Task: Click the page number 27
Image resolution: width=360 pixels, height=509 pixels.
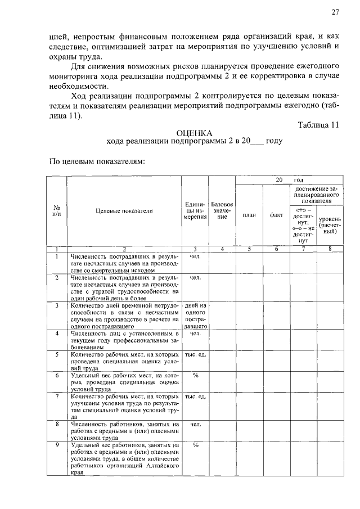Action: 335,12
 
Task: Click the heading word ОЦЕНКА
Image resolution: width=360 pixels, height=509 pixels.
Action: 194,133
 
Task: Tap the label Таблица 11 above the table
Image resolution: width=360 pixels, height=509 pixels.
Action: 318,125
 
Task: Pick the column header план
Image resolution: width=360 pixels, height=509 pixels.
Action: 249,214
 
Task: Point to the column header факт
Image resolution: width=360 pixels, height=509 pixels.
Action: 276,214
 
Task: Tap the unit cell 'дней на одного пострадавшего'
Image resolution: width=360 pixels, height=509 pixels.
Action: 195,316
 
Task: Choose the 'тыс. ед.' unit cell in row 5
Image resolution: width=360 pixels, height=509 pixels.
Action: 195,354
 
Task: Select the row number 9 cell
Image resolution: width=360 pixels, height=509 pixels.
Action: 57,445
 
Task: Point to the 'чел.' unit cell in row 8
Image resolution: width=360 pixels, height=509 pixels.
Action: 195,425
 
